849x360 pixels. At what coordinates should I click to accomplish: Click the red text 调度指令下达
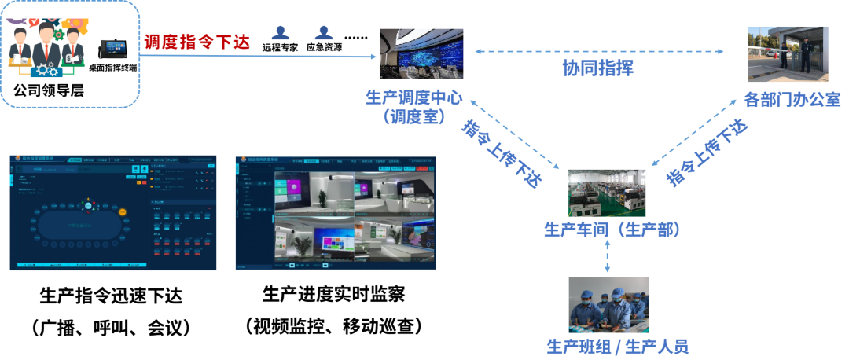click(x=197, y=42)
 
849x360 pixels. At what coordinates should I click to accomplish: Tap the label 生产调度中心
click(x=414, y=97)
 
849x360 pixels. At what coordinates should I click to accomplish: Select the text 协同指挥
click(x=597, y=68)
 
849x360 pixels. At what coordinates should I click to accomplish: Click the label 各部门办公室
click(x=792, y=100)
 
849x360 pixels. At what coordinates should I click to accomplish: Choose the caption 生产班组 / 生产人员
click(x=617, y=346)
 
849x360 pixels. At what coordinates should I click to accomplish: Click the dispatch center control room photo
click(x=421, y=53)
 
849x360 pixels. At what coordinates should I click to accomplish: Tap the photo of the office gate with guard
click(x=788, y=53)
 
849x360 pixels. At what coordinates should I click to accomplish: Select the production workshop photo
click(x=607, y=193)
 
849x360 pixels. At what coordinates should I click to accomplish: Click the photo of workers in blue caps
click(x=608, y=305)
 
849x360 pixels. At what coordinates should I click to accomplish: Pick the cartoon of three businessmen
click(x=47, y=49)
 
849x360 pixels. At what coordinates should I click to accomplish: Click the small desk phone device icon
click(x=112, y=48)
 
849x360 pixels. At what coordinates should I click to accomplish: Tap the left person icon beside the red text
click(x=281, y=32)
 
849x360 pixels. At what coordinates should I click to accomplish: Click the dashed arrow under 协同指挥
click(x=599, y=52)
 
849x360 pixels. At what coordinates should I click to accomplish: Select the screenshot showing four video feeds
click(x=336, y=213)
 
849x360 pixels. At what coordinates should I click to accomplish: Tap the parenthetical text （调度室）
click(x=414, y=117)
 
